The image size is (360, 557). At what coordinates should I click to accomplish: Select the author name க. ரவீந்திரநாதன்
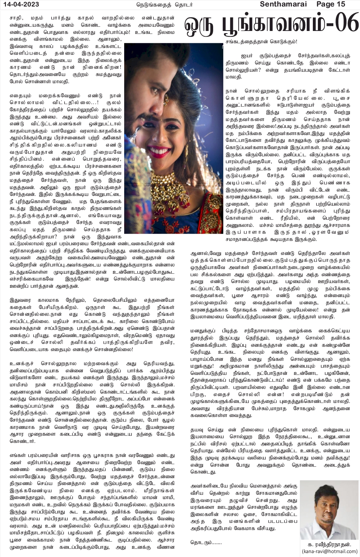click(329, 544)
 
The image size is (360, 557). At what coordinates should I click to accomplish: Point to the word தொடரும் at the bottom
click(206, 542)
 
